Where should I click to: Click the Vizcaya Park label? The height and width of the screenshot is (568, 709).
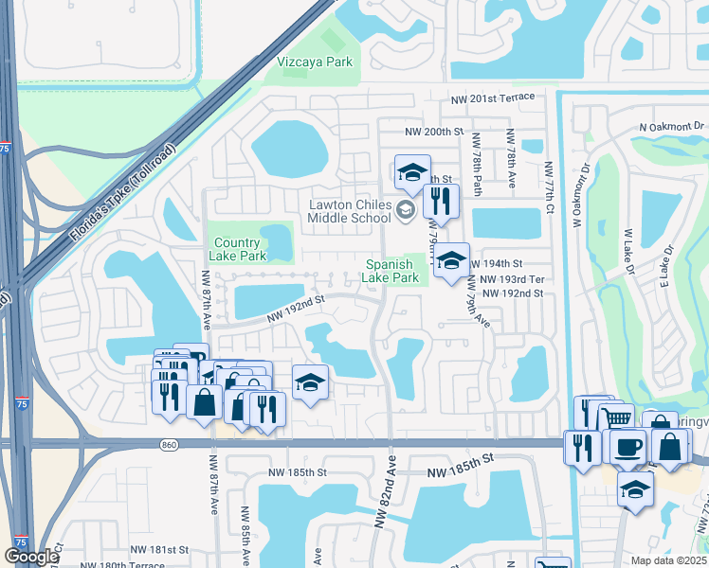pos(315,62)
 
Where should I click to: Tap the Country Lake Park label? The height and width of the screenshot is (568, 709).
pos(238,249)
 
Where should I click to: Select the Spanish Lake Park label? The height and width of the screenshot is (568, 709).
pos(390,271)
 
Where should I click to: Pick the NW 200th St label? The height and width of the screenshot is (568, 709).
pos(435,132)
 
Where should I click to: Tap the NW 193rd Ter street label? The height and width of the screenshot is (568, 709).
pos(512,280)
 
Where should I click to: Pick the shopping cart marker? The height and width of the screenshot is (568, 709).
pos(617,417)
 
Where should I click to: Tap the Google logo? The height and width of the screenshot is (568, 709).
pos(31,557)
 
